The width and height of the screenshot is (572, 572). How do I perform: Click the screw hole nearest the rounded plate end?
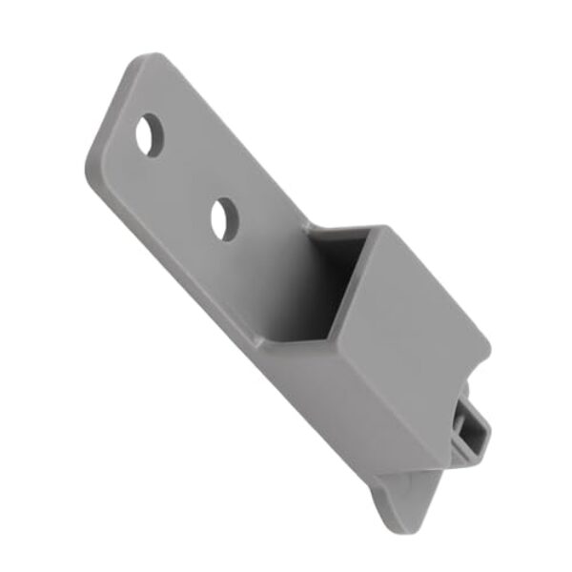pos(149,135)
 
